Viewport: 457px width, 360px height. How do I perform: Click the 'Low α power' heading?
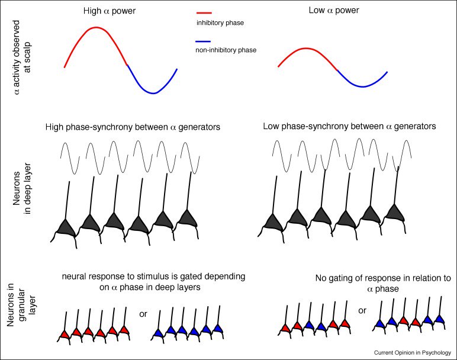click(333, 11)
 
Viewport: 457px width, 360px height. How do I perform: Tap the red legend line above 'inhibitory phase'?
click(203, 12)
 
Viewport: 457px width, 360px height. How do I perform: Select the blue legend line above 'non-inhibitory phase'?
click(203, 41)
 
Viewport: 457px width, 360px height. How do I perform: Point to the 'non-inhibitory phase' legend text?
click(226, 50)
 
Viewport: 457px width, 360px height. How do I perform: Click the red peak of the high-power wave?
click(96, 28)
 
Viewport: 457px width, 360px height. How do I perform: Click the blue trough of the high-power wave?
click(153, 93)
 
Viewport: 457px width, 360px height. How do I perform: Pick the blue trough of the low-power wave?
click(363, 86)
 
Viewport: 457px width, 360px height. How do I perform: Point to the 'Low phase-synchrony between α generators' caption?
click(349, 127)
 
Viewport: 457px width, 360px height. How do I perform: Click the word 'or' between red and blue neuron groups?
click(143, 314)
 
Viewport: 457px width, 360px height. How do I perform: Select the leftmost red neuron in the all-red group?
click(65, 335)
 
